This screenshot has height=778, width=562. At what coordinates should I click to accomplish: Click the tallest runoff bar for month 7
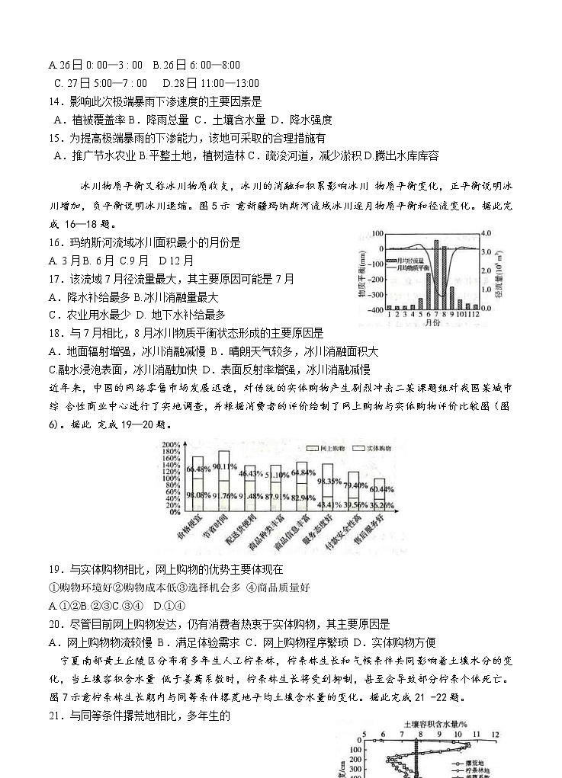(x=436, y=274)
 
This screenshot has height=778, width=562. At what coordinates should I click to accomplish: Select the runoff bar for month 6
(x=429, y=291)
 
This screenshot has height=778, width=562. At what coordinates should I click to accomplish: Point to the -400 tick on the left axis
(x=375, y=309)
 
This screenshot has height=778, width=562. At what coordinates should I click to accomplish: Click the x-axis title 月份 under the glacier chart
(x=432, y=323)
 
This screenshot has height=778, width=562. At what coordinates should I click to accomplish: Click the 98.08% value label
(x=198, y=495)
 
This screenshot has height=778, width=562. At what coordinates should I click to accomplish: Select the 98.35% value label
(x=329, y=481)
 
